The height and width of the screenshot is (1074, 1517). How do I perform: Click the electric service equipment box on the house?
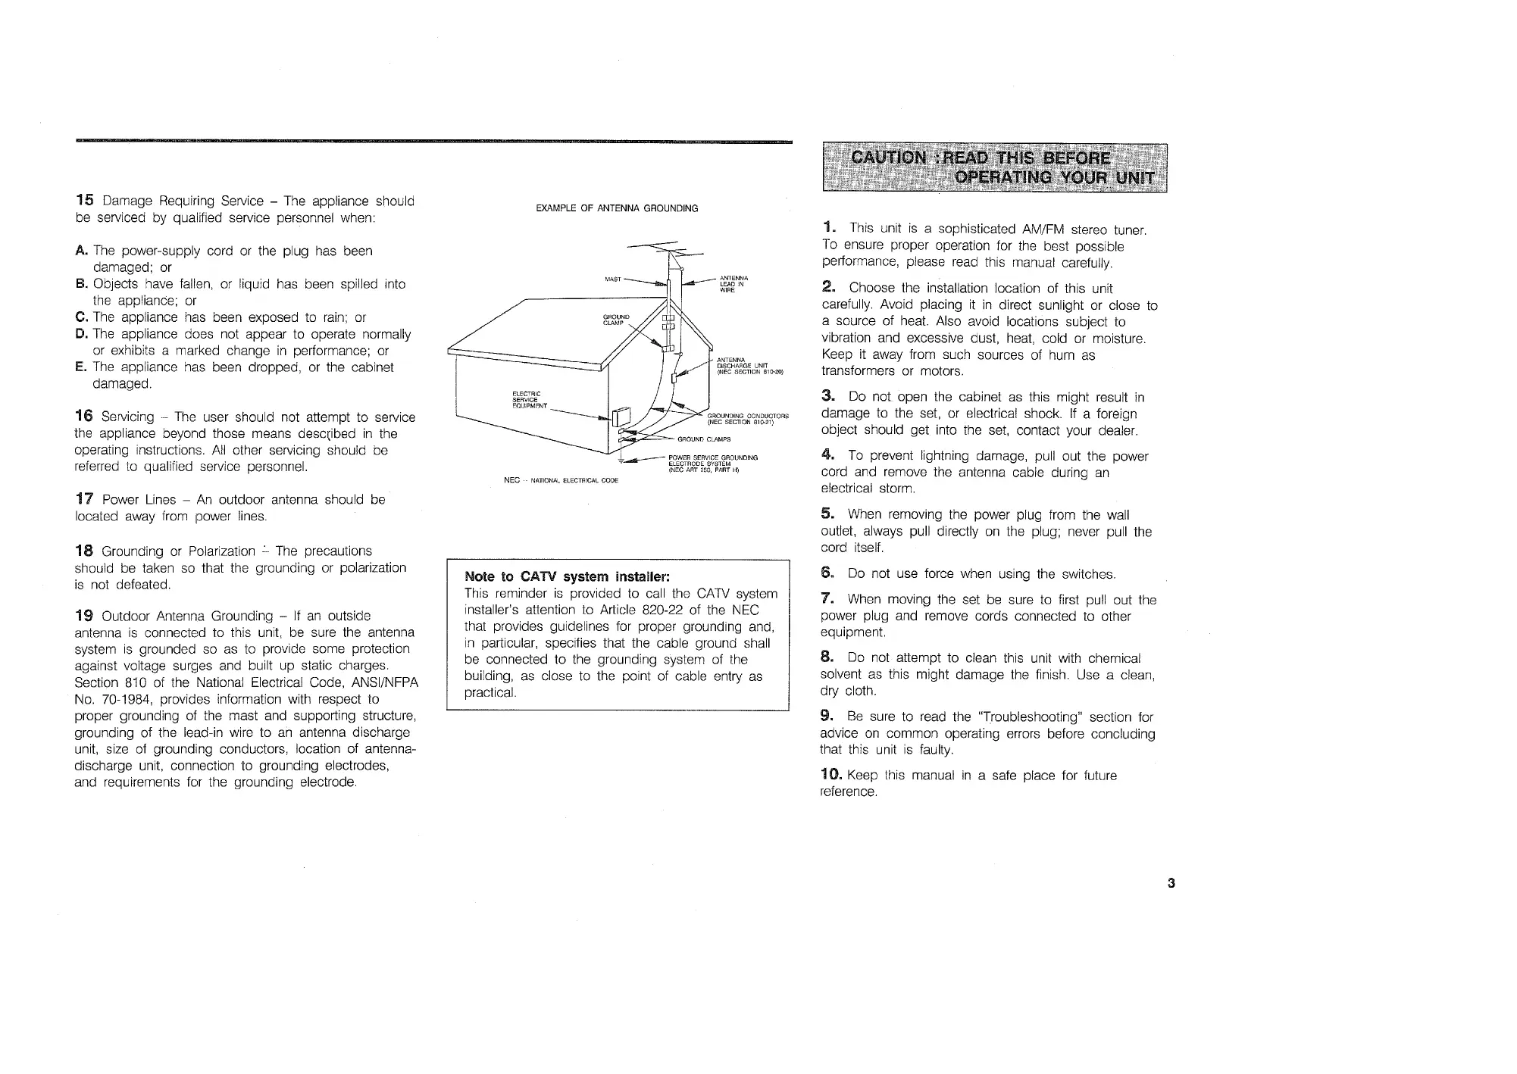pyautogui.click(x=621, y=417)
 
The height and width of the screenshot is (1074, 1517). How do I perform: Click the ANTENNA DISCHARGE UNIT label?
pyautogui.click(x=746, y=366)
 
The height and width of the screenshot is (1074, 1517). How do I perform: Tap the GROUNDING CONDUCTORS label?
pyautogui.click(x=747, y=419)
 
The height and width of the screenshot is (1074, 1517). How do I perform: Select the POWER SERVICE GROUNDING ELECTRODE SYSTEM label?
pyautogui.click(x=712, y=464)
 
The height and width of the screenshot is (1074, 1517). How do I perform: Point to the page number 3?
pyautogui.click(x=1171, y=882)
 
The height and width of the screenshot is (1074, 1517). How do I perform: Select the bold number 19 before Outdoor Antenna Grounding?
pyautogui.click(x=83, y=615)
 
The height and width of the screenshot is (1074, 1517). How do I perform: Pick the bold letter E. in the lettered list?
pyautogui.click(x=80, y=367)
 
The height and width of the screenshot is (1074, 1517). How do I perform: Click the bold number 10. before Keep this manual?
pyautogui.click(x=831, y=775)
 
